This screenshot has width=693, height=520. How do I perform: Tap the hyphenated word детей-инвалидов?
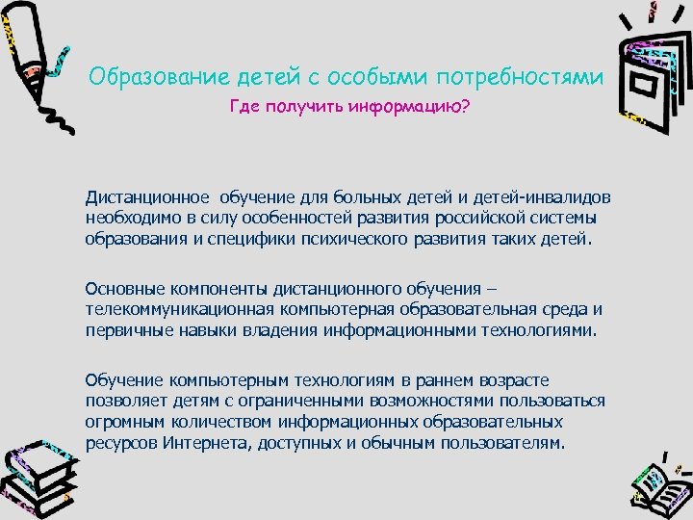tap(544, 196)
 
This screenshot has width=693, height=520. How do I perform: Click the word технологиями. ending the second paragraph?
tap(547, 330)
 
